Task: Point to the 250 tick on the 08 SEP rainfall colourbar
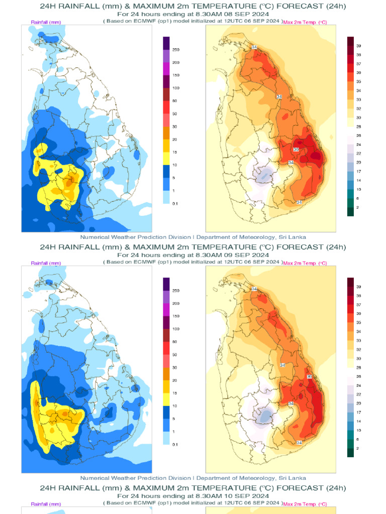(176, 50)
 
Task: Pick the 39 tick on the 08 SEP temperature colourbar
(359, 46)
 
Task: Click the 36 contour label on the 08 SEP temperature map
(296, 150)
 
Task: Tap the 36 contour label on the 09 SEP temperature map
(309, 376)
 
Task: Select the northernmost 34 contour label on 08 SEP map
(254, 47)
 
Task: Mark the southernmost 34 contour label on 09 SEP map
(299, 442)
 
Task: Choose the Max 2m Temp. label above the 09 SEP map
(305, 264)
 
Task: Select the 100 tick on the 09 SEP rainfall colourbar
(176, 329)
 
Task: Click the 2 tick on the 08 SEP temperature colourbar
(357, 207)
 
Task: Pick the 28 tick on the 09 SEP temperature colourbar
(359, 368)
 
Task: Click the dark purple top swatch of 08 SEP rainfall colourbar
(166, 43)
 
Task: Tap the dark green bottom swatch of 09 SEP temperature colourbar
(350, 453)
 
